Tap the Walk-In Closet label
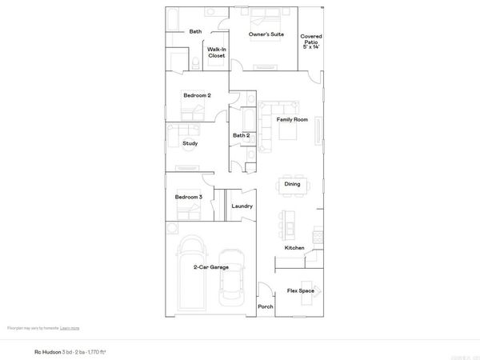tap(216, 52)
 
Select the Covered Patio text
tap(311, 42)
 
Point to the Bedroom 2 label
tap(197, 96)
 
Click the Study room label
tap(190, 144)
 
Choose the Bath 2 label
tap(242, 135)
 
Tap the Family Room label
tap(292, 120)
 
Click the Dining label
tap(292, 184)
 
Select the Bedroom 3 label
tap(190, 197)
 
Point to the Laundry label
tap(242, 206)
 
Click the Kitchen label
tap(294, 248)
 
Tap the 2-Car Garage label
tap(211, 267)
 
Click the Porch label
tap(266, 307)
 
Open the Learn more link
tap(70, 328)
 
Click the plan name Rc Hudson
tap(47, 350)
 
